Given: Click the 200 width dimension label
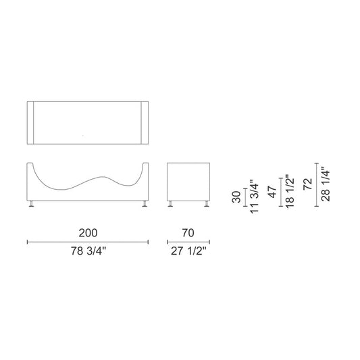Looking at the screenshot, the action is tap(88, 233).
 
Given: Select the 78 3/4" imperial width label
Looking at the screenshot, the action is tap(88, 251).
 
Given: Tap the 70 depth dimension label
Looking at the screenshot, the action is tap(188, 233).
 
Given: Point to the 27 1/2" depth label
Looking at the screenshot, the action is tap(188, 251).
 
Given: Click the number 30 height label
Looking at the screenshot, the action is tap(236, 197).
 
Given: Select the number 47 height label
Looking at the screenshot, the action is tap(272, 192).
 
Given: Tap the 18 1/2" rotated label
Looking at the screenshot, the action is tap(290, 192).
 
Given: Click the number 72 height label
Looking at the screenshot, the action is tap(307, 184).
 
